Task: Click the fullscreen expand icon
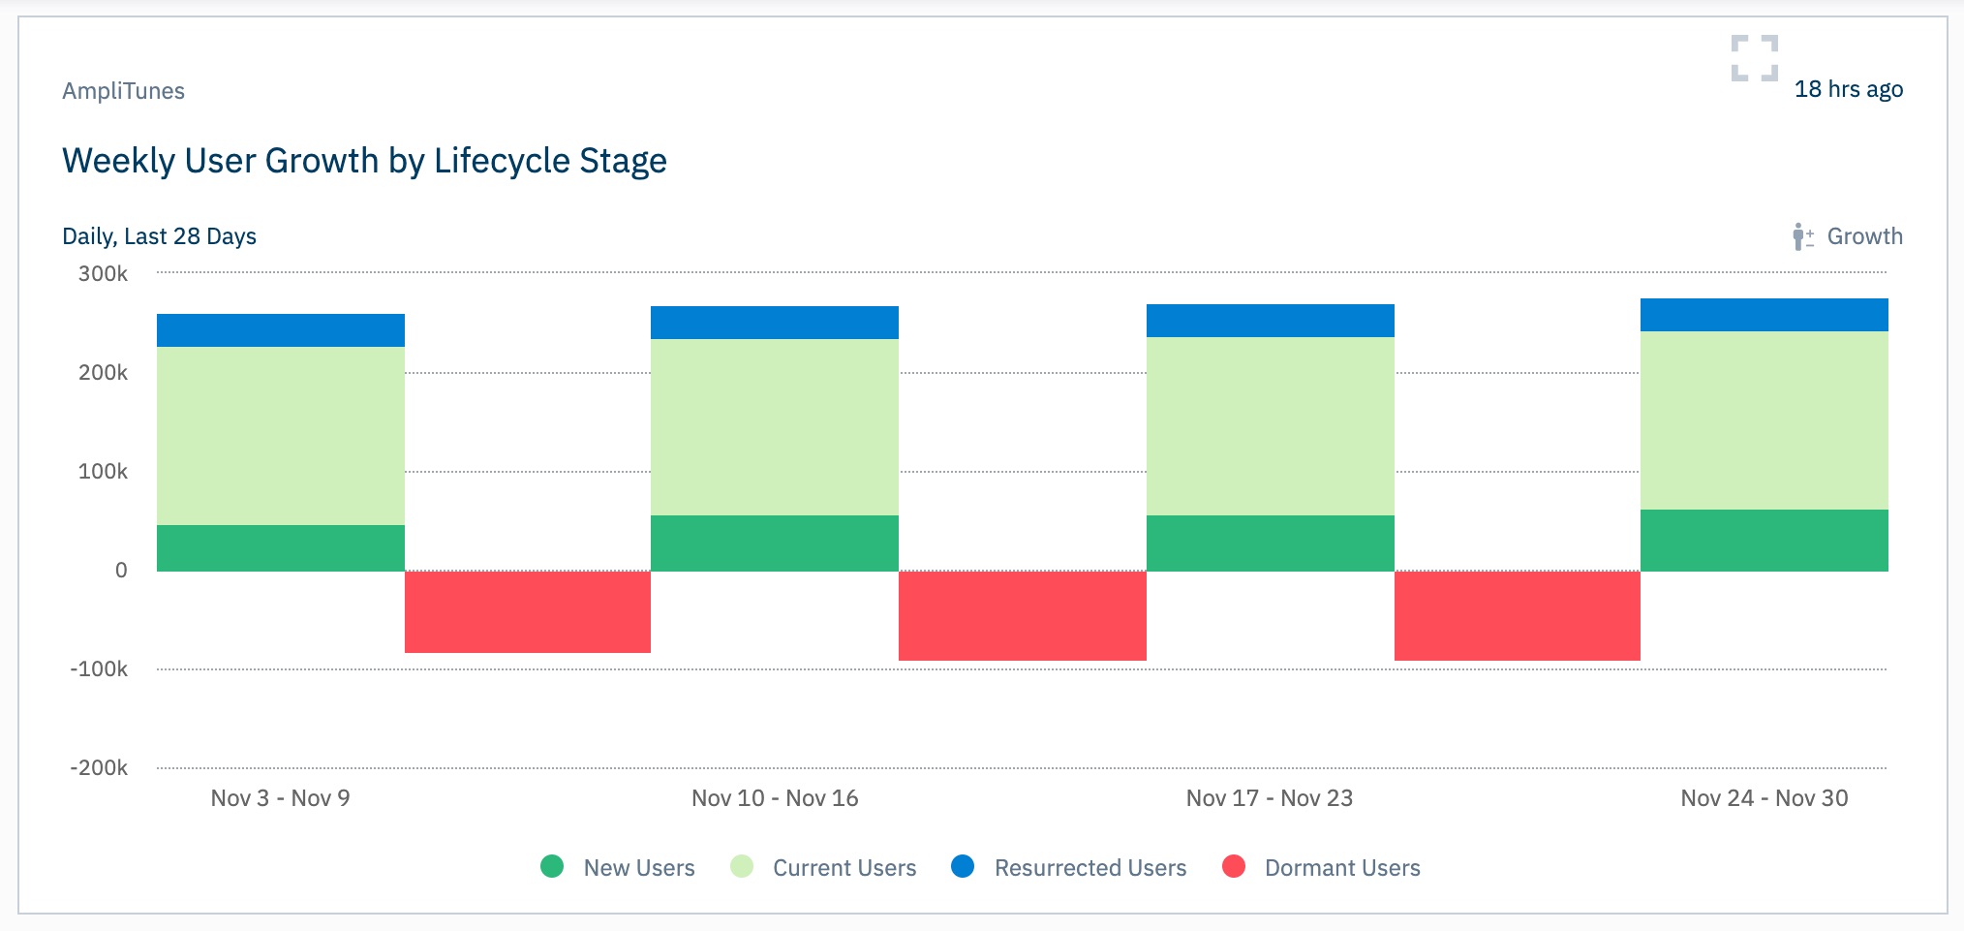point(1754,58)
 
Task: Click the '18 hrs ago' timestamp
point(1848,89)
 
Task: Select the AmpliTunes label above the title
point(123,91)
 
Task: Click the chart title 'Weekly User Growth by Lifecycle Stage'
point(364,161)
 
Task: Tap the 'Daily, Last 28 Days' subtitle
point(159,236)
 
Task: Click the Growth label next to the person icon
point(1864,236)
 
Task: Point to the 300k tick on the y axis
point(103,274)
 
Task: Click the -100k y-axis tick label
point(99,669)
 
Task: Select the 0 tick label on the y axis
point(121,571)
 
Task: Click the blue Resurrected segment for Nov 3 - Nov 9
point(281,330)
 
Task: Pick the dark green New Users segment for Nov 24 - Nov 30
point(1764,540)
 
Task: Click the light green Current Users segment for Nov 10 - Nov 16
point(775,426)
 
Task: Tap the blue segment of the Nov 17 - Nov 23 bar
point(1270,321)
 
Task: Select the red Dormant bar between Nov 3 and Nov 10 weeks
point(528,611)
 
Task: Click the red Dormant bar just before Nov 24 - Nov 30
point(1517,615)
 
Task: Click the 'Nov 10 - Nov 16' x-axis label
point(775,798)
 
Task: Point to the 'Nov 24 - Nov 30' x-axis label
point(1764,798)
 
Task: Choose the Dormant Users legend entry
point(1323,867)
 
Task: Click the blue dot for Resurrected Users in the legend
point(963,866)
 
